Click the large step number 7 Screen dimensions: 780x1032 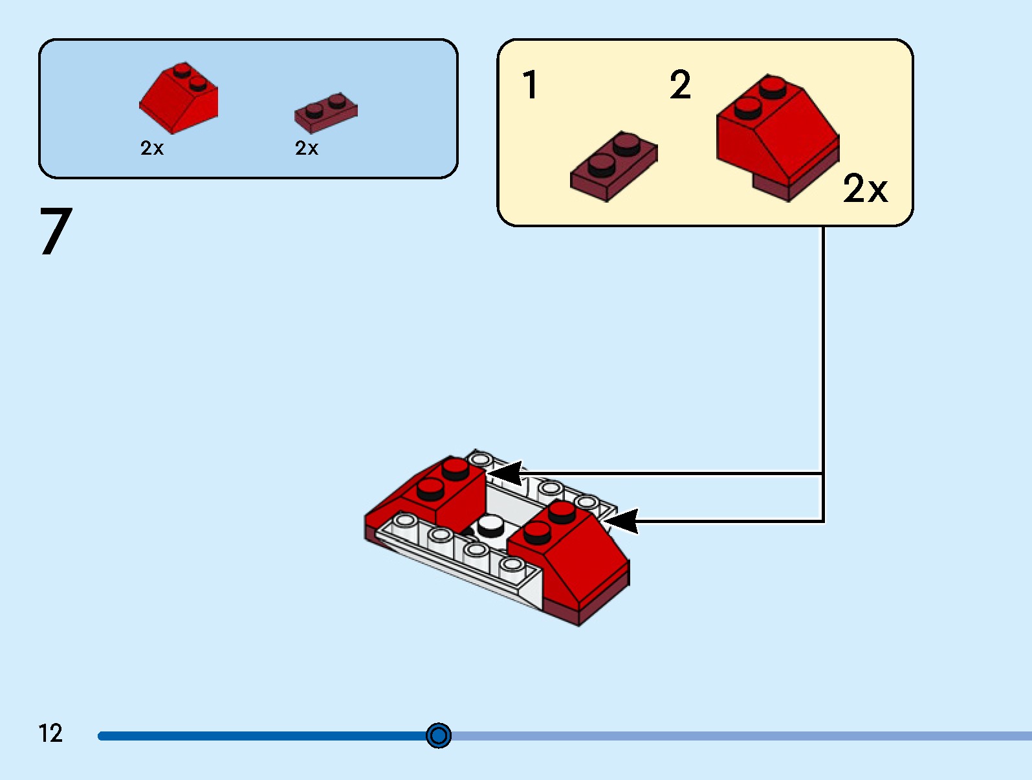coord(56,231)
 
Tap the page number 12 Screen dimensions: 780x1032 coord(50,733)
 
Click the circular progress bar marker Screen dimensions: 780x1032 coord(439,735)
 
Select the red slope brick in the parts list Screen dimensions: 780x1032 coord(180,99)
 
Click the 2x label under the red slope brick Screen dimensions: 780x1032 coord(152,148)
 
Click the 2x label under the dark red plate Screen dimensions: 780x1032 coord(307,148)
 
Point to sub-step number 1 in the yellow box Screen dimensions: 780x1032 coord(530,85)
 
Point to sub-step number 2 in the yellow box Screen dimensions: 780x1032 coord(680,85)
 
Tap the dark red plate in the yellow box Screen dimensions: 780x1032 coord(613,166)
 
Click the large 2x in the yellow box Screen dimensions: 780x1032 coord(865,189)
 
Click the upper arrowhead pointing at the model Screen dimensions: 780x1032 coord(505,473)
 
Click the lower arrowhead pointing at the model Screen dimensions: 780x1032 coord(621,520)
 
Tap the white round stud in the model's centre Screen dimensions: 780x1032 coord(491,525)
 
